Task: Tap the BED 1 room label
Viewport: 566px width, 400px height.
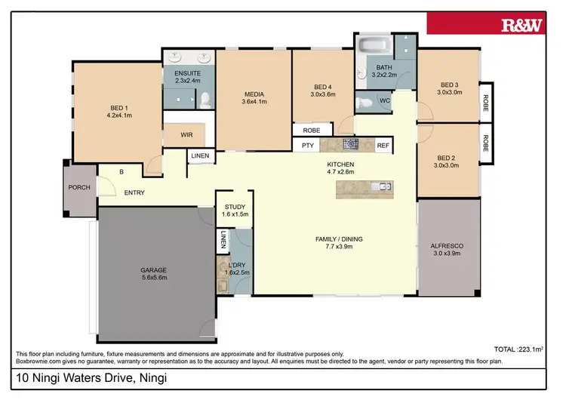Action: pyautogui.click(x=120, y=112)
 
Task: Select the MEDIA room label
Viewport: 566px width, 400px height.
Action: pyautogui.click(x=254, y=97)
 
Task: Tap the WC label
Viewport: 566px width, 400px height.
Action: pyautogui.click(x=384, y=100)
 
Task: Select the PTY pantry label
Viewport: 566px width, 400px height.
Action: pyautogui.click(x=307, y=145)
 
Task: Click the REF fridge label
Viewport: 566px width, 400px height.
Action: pyautogui.click(x=383, y=145)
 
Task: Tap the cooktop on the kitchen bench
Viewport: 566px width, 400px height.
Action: pyautogui.click(x=351, y=144)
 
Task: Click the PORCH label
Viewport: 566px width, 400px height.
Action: pyautogui.click(x=79, y=187)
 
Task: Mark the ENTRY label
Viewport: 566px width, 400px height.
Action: pyautogui.click(x=134, y=193)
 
